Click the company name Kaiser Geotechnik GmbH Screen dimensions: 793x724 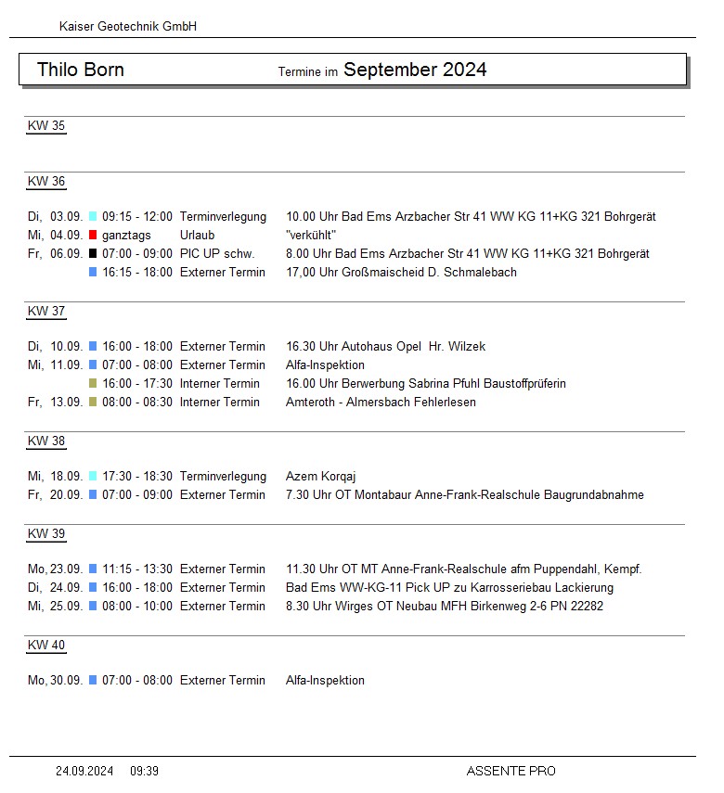pyautogui.click(x=128, y=27)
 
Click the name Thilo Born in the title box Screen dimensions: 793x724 pyautogui.click(x=81, y=70)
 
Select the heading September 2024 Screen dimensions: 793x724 pyautogui.click(x=415, y=70)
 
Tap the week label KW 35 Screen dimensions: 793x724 pyautogui.click(x=46, y=126)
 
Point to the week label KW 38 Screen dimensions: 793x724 pyautogui.click(x=46, y=441)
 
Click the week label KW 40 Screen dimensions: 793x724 pyautogui.click(x=46, y=646)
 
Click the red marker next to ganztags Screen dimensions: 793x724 pyautogui.click(x=93, y=235)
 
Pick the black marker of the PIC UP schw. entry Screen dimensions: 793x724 pyautogui.click(x=93, y=253)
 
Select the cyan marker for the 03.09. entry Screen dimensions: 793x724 pyautogui.click(x=93, y=216)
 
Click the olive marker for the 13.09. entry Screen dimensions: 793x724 pyautogui.click(x=93, y=402)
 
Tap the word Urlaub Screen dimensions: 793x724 pyautogui.click(x=197, y=235)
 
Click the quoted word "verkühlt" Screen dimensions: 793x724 pyautogui.click(x=311, y=235)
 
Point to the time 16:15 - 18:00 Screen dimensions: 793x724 pyautogui.click(x=137, y=272)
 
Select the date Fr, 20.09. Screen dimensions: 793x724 pyautogui.click(x=56, y=494)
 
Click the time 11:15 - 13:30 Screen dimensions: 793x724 pyautogui.click(x=137, y=569)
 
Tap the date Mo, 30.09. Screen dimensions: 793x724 pyautogui.click(x=56, y=680)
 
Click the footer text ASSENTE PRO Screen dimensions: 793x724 pyautogui.click(x=511, y=771)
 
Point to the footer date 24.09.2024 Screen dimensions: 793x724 pyautogui.click(x=84, y=771)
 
